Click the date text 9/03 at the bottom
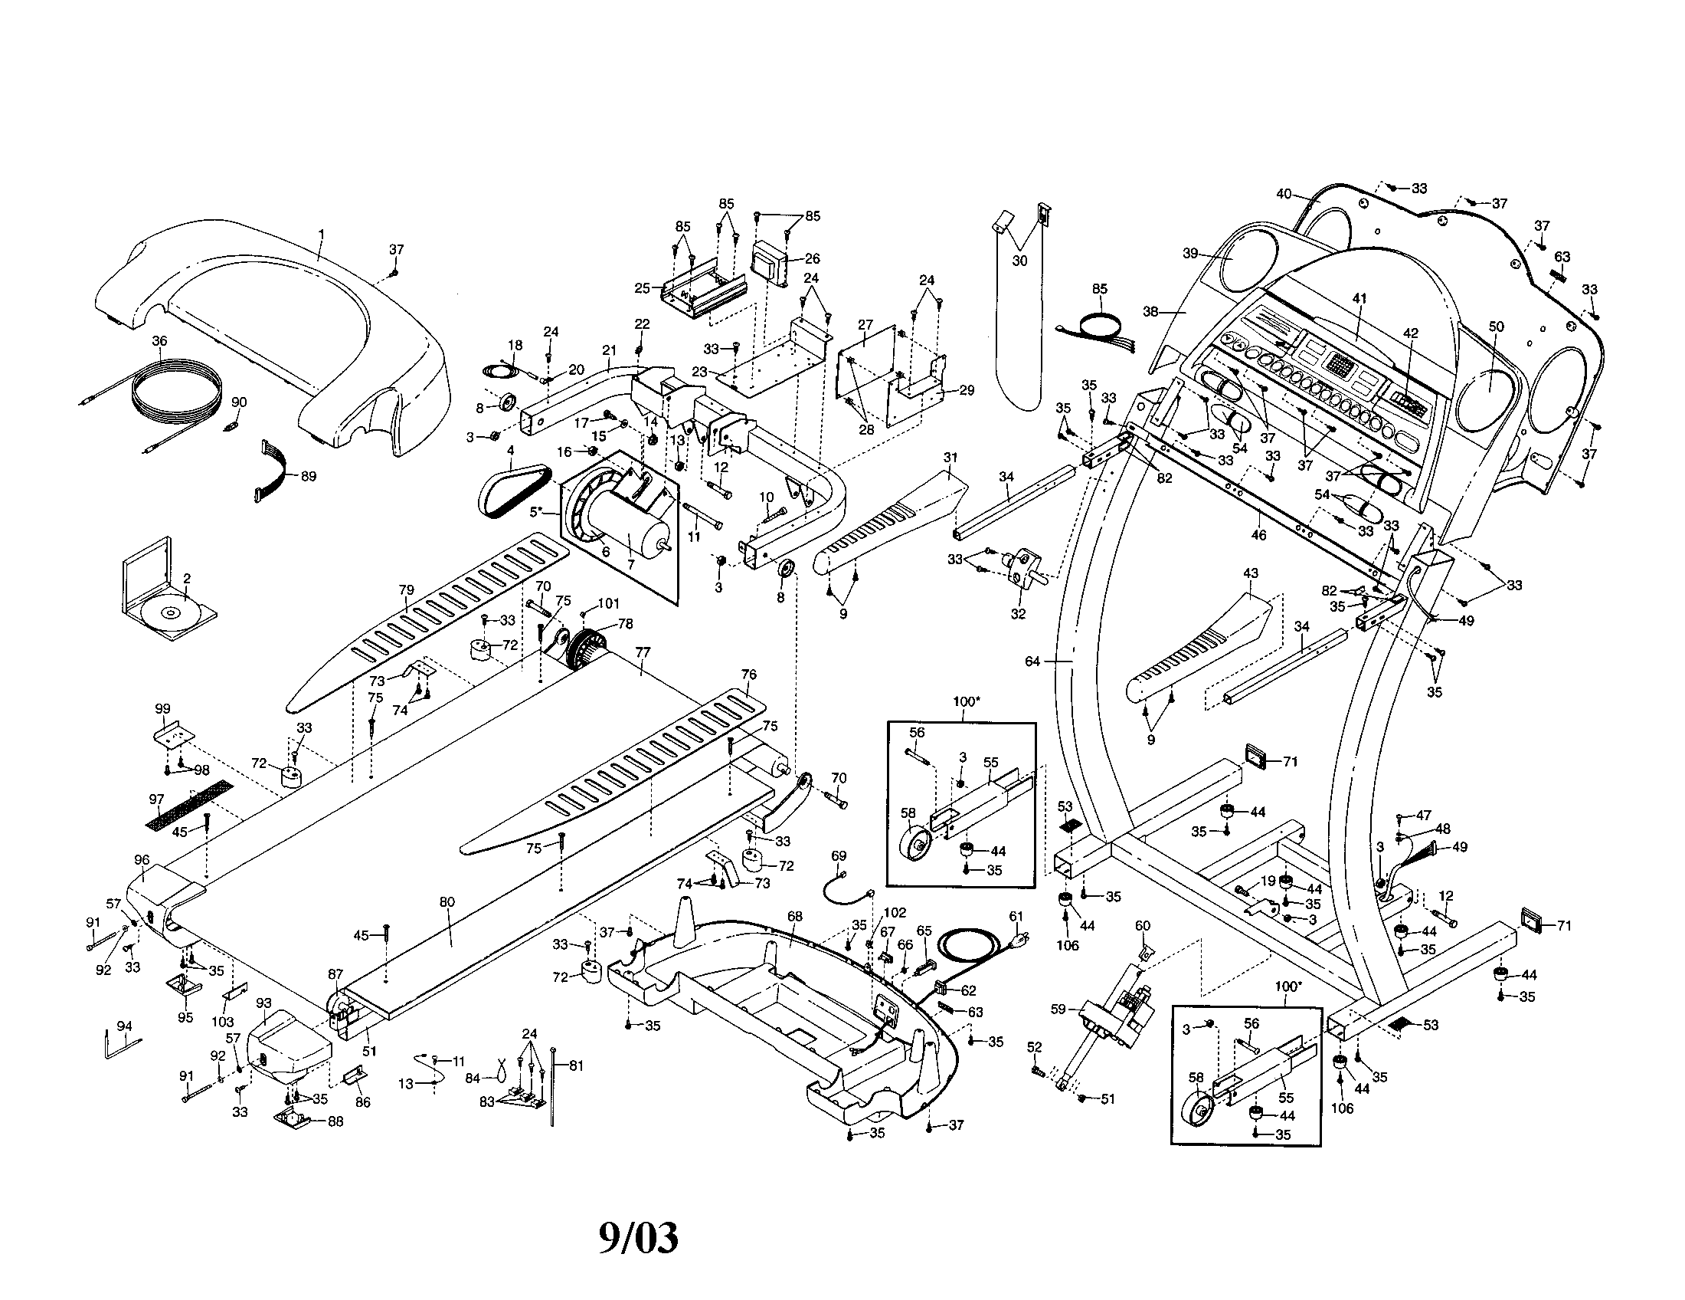639,1239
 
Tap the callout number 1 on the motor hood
322,233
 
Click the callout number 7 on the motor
630,564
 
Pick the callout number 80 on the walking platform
447,901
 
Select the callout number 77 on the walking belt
643,652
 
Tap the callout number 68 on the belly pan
795,916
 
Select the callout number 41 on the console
1359,298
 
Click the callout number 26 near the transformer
811,258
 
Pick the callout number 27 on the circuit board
865,326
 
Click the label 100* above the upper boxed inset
964,701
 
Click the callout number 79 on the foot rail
406,590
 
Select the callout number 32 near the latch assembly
1019,615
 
